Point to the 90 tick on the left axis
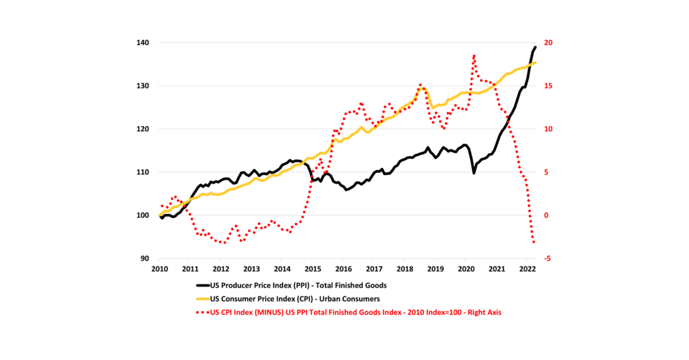click(144, 258)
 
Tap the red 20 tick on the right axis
click(548, 43)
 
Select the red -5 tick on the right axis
click(547, 258)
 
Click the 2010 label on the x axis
click(160, 269)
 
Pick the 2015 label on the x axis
click(313, 269)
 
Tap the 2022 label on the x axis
click(527, 269)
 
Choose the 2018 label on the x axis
click(405, 269)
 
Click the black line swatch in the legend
click(203, 285)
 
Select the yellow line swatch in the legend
click(203, 299)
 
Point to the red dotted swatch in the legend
click(203, 312)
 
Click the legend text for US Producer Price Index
click(298, 285)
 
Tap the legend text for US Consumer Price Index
click(295, 299)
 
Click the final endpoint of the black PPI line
click(535, 47)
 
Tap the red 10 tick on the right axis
click(548, 129)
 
